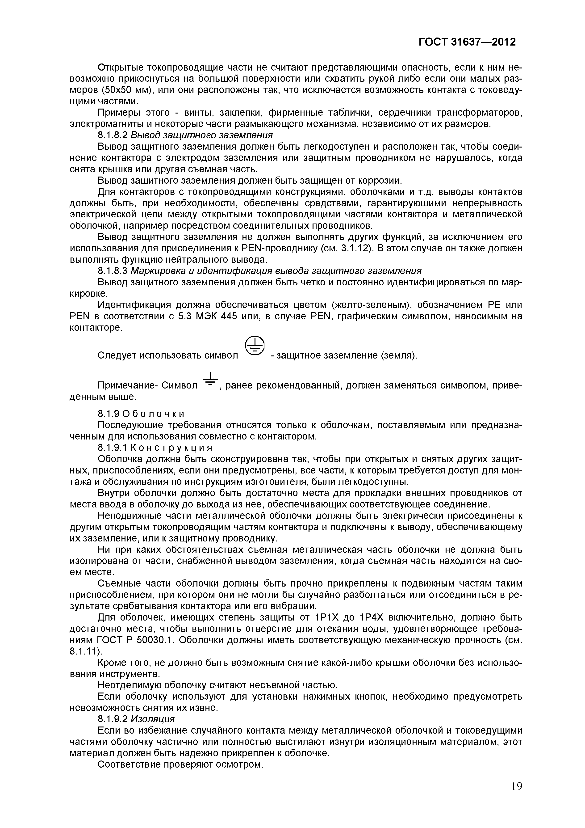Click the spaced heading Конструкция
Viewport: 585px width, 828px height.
(171, 448)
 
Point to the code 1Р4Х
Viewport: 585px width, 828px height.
(375, 617)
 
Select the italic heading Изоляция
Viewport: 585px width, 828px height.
(152, 719)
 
